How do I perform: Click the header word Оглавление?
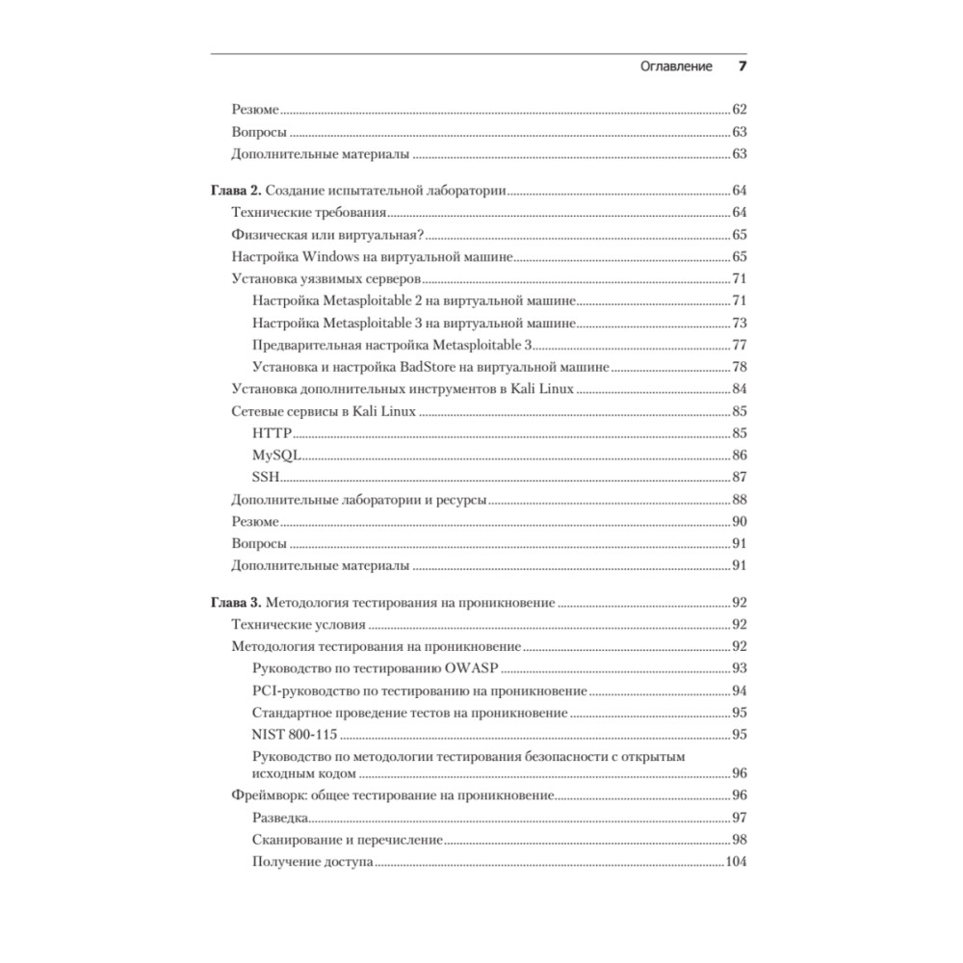coord(676,66)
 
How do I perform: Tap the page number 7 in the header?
coord(742,66)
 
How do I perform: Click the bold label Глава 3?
coord(235,603)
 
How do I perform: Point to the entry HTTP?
coord(272,433)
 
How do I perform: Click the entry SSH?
coord(266,477)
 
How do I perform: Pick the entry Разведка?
coord(280,818)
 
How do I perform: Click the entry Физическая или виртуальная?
coord(328,235)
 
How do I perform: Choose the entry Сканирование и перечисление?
coord(347,840)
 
